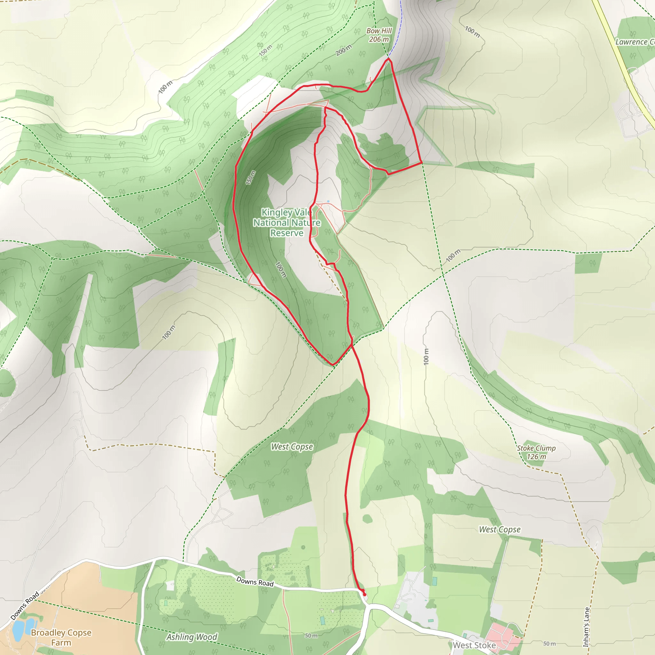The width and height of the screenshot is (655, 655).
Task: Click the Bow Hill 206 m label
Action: (x=379, y=35)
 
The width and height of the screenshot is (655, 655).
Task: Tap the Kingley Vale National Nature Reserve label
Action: (x=287, y=222)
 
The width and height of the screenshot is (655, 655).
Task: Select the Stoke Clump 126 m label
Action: (x=536, y=452)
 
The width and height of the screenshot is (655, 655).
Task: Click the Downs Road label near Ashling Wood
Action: (x=255, y=581)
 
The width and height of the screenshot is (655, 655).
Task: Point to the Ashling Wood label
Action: (x=192, y=637)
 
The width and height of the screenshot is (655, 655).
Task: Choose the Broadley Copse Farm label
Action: (x=61, y=637)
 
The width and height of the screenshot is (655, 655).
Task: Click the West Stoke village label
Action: (x=474, y=645)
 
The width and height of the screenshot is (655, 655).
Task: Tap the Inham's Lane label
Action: (x=586, y=627)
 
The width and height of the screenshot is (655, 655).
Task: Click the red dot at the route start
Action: (x=365, y=594)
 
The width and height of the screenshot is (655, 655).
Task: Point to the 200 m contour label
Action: (x=344, y=50)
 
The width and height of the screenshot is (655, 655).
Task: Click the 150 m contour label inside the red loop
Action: (x=250, y=178)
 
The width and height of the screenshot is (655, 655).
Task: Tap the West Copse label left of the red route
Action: (x=292, y=447)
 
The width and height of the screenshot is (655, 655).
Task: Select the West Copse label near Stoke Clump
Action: (x=499, y=530)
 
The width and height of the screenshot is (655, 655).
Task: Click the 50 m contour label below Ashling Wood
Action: (x=311, y=636)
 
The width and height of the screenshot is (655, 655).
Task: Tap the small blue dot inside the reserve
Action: (x=328, y=201)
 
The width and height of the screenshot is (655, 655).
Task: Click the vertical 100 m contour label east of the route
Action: (x=426, y=356)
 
